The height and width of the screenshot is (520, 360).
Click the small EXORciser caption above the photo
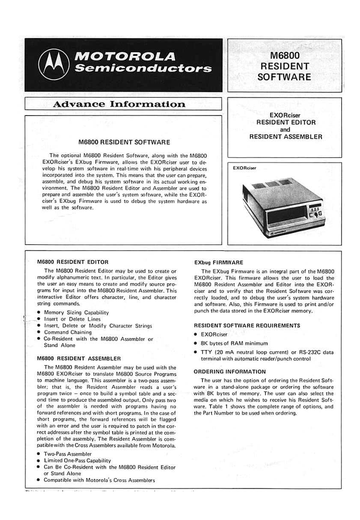click(244, 168)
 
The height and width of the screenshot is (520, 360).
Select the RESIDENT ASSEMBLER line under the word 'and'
click(285, 136)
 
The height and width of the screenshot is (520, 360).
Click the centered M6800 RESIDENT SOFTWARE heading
click(124, 142)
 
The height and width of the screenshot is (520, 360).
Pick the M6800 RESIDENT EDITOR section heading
click(72, 261)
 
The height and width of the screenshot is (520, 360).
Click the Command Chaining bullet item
click(70, 332)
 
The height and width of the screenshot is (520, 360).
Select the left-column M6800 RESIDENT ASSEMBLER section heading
click(78, 358)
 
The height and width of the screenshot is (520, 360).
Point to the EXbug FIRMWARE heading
click(218, 261)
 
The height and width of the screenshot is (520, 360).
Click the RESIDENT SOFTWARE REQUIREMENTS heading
click(246, 325)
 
